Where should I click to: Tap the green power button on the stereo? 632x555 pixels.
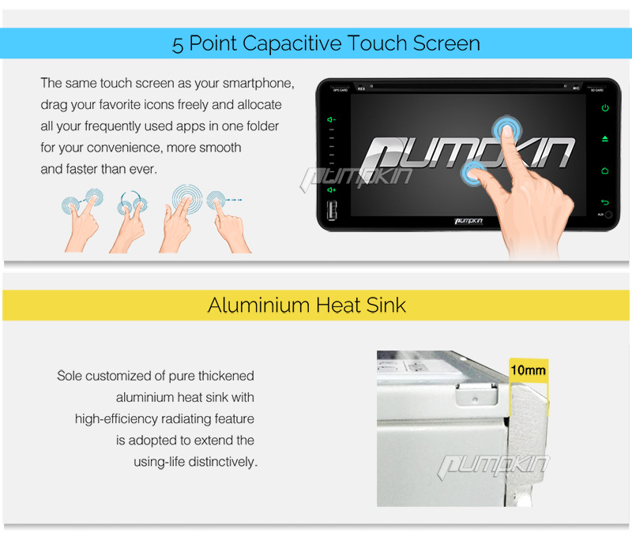605,108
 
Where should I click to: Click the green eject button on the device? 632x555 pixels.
605,139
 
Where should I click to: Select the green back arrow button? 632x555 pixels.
605,202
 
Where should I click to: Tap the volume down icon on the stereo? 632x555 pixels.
331,120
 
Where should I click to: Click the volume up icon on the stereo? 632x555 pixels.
331,189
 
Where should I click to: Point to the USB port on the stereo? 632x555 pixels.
332,210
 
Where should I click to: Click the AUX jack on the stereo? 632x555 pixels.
608,215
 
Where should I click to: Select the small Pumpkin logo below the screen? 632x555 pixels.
468,221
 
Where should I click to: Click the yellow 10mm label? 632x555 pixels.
529,369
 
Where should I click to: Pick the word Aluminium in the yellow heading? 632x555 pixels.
259,305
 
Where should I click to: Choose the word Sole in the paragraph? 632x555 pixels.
70,376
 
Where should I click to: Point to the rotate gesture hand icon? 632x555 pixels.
129,222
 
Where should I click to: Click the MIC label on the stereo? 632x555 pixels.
576,88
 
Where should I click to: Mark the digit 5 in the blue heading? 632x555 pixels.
177,45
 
